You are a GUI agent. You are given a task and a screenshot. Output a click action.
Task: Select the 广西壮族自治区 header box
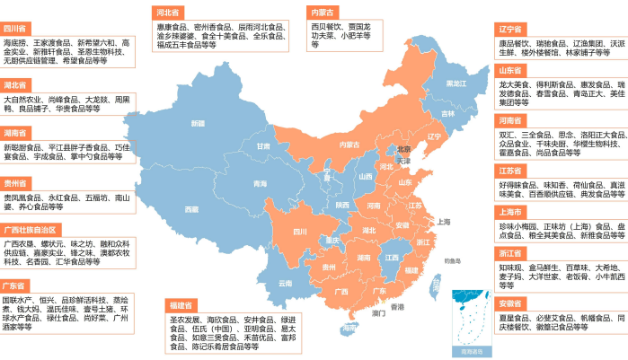31,230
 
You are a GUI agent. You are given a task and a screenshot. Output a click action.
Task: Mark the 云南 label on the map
285,283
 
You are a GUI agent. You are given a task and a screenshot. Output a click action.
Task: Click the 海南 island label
349,329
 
